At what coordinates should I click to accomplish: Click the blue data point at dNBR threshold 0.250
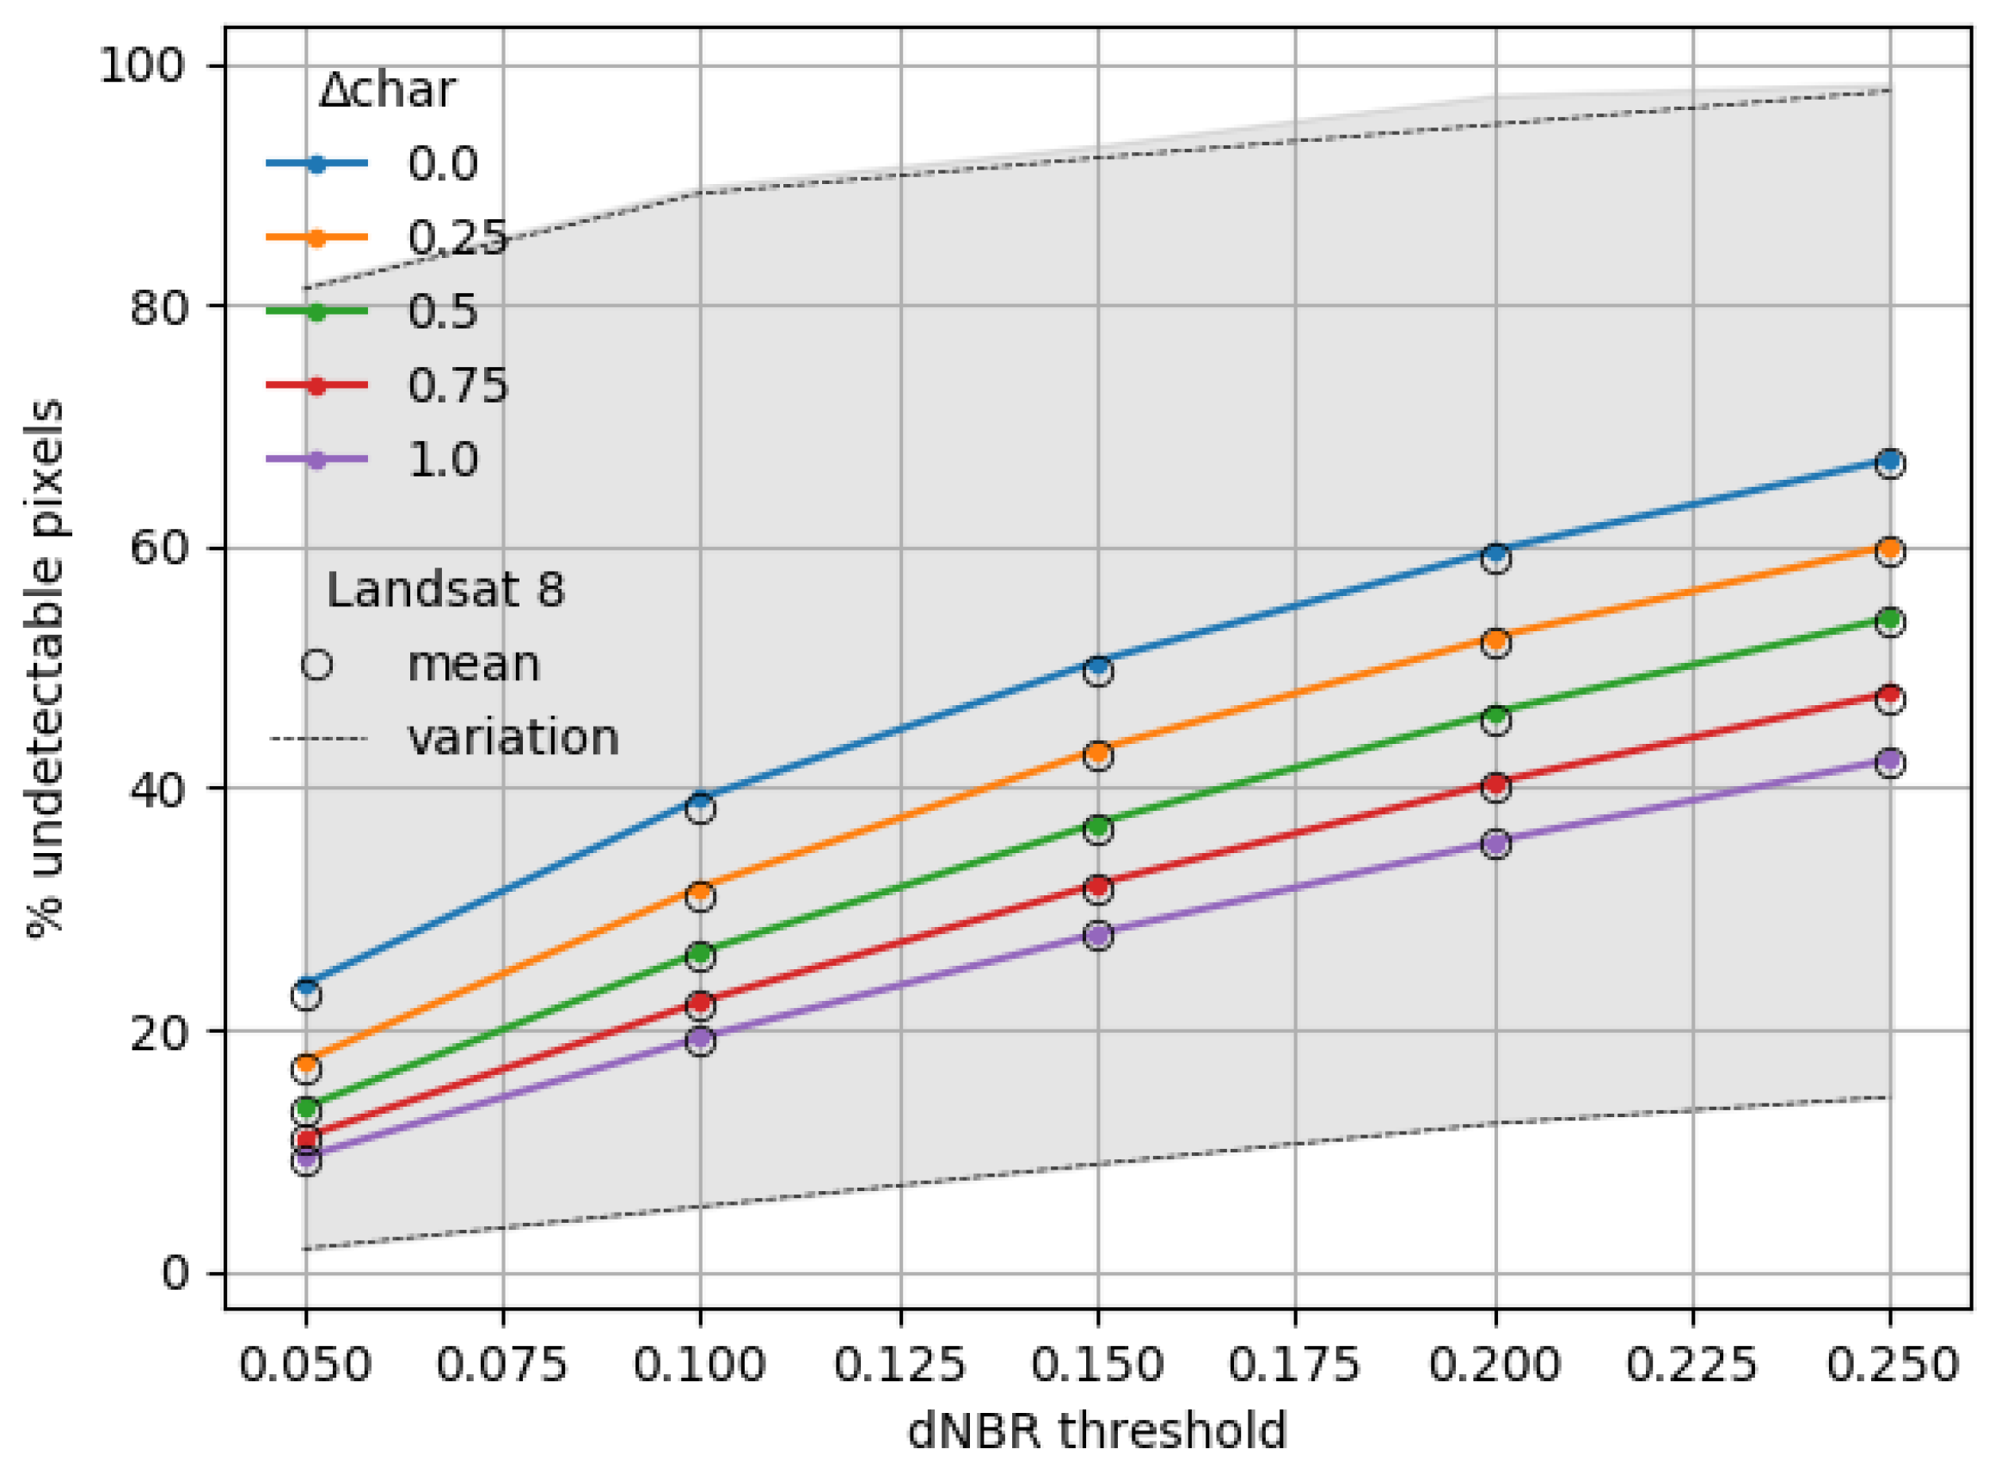point(1890,460)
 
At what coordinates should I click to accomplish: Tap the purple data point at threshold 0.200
point(1495,843)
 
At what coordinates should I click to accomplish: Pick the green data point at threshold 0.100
point(701,955)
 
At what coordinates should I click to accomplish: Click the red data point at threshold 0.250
point(1890,695)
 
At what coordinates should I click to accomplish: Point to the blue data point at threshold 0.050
point(307,986)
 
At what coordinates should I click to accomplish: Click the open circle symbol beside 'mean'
point(317,665)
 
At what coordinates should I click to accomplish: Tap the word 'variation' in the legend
point(513,738)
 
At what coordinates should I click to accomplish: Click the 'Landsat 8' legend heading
point(445,590)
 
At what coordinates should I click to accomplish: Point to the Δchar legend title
point(388,89)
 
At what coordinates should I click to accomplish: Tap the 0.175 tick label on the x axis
point(1295,1365)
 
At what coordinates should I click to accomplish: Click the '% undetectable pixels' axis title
point(46,668)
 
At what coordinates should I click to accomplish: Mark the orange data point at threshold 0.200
point(1495,640)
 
